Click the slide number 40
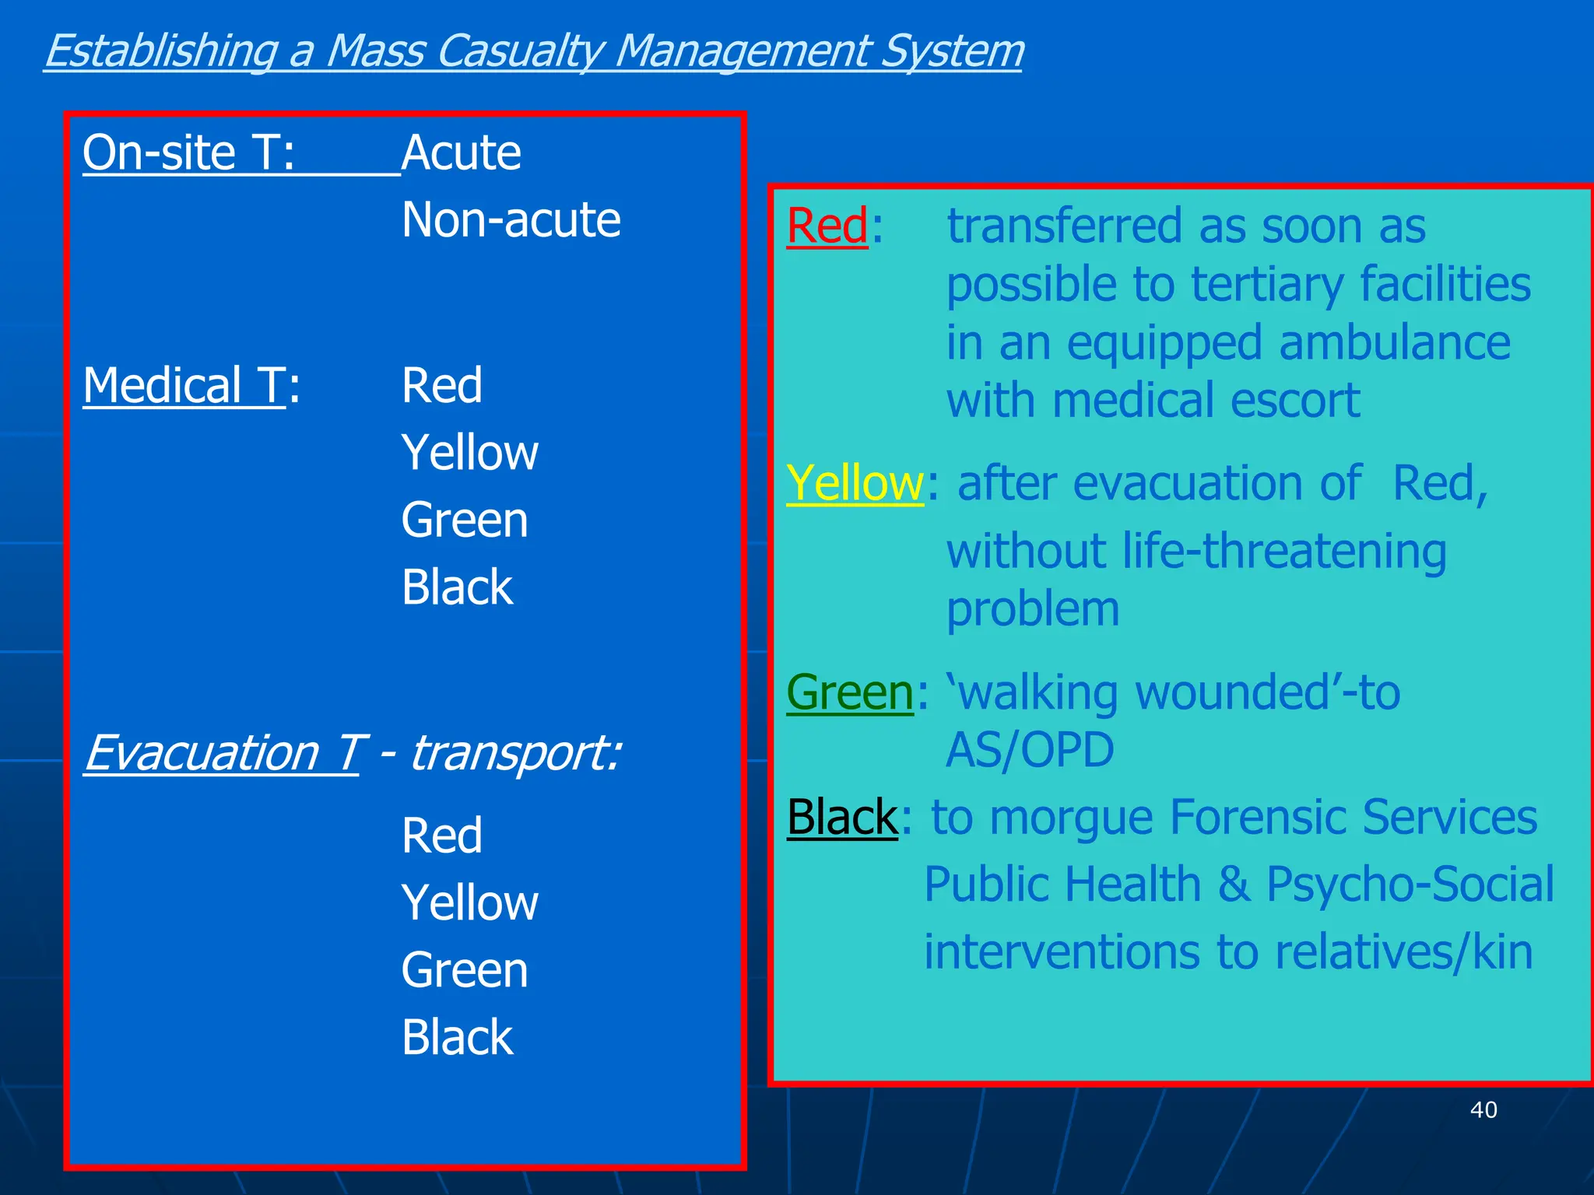point(1483,1109)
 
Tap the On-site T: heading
point(189,152)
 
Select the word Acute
point(462,152)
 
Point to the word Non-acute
point(511,220)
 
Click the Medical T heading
point(185,386)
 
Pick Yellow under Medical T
point(469,453)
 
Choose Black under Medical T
point(457,587)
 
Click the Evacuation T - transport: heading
point(352,753)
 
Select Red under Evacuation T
point(442,836)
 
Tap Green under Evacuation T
point(465,971)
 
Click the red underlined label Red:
point(828,226)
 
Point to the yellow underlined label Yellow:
point(855,483)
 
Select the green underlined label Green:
point(851,692)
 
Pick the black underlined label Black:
point(843,818)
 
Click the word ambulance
point(1394,343)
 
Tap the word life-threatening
point(1284,552)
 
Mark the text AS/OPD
point(1030,750)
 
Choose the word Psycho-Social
point(1410,885)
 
